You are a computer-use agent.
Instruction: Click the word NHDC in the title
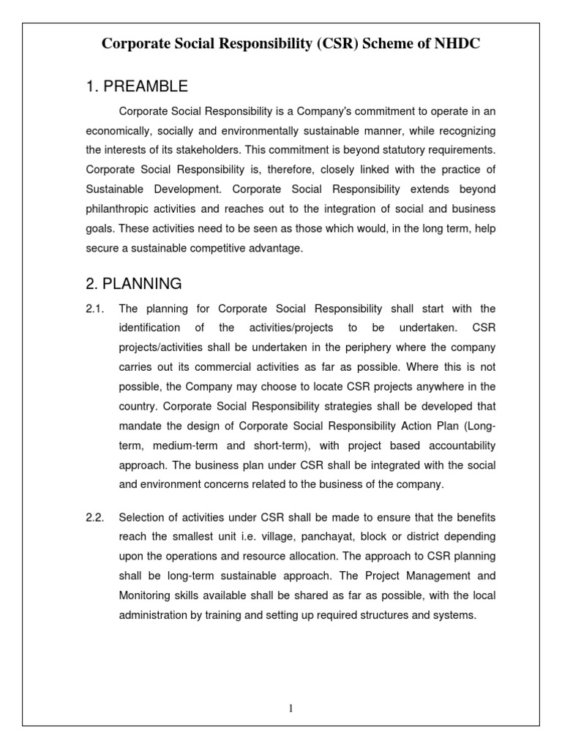pyautogui.click(x=458, y=45)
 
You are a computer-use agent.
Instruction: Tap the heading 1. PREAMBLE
pyautogui.click(x=137, y=87)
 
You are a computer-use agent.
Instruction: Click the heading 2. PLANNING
pyautogui.click(x=134, y=283)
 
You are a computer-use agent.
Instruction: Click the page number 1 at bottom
pyautogui.click(x=291, y=708)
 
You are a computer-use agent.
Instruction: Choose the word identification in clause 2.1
pyautogui.click(x=151, y=327)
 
